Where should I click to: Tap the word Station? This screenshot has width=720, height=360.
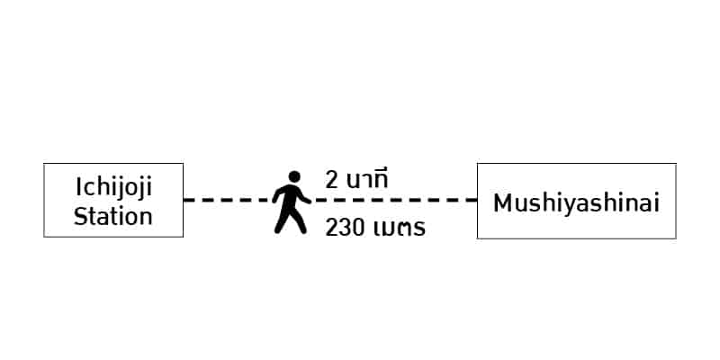pyautogui.click(x=113, y=216)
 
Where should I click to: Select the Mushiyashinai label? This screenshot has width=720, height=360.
pyautogui.click(x=576, y=204)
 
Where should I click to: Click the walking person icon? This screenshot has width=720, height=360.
pyautogui.click(x=291, y=202)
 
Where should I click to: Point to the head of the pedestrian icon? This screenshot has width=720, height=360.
pyautogui.click(x=294, y=176)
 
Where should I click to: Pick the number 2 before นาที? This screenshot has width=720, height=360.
pyautogui.click(x=331, y=180)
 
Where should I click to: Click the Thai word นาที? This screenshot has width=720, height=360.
pyautogui.click(x=367, y=179)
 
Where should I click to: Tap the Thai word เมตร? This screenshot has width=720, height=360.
pyautogui.click(x=400, y=229)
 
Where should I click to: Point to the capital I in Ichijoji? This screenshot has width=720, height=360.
pyautogui.click(x=78, y=186)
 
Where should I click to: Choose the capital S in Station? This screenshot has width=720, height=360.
pyautogui.click(x=80, y=216)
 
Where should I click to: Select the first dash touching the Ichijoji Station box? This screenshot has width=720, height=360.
pyautogui.click(x=190, y=200)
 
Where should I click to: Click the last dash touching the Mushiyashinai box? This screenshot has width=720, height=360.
pyautogui.click(x=471, y=200)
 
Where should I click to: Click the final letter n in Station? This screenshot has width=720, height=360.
pyautogui.click(x=147, y=219)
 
